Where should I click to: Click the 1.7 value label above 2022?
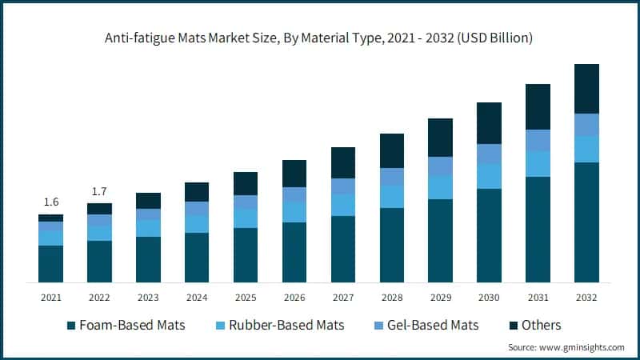point(99,192)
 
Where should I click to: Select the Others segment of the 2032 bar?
point(587,89)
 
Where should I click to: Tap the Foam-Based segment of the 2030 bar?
point(490,235)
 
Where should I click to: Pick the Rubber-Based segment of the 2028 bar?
point(392,197)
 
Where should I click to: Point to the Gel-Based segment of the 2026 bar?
point(294,195)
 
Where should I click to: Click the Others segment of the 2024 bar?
point(197,192)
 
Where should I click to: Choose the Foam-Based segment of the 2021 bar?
point(50,264)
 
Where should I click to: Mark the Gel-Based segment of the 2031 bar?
point(538,141)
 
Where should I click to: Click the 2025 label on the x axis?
point(246,298)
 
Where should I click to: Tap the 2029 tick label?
point(441,298)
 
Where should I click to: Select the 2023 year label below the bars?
point(148,298)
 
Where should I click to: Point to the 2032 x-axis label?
point(587,298)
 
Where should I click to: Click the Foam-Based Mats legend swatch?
point(72,326)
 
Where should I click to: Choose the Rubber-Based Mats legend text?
point(286,325)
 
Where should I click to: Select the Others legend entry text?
point(541,325)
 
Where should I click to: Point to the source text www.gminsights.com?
point(582,347)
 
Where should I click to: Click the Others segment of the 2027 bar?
point(343,163)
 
